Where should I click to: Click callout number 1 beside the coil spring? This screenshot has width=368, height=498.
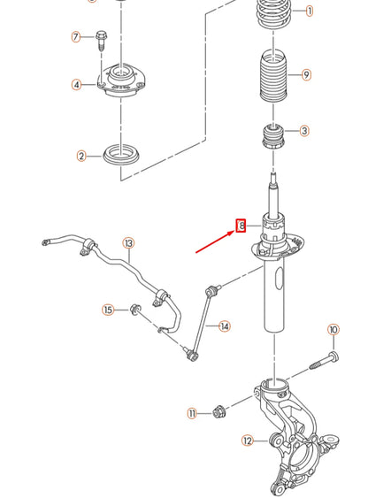(x=310, y=11)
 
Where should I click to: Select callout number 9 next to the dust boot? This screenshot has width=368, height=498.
(x=306, y=75)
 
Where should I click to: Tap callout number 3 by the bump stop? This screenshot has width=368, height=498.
(x=304, y=131)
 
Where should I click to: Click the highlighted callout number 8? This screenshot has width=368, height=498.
(x=240, y=226)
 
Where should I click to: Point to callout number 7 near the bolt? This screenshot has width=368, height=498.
(x=76, y=36)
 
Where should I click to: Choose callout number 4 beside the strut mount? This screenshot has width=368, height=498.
(x=77, y=85)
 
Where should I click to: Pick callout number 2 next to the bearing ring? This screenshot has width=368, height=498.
(x=81, y=157)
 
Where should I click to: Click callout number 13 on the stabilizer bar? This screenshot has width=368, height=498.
(x=128, y=242)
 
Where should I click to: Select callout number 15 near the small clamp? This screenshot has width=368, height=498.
(x=108, y=310)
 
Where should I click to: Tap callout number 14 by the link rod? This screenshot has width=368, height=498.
(x=225, y=326)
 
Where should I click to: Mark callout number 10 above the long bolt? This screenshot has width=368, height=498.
(x=333, y=330)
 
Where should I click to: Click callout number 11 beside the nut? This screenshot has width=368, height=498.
(x=192, y=413)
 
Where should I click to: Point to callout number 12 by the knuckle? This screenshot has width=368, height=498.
(x=248, y=440)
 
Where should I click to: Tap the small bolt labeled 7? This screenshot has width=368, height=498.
(x=100, y=39)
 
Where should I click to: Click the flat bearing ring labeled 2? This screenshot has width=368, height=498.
(x=119, y=156)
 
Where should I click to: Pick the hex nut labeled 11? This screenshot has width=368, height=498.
(x=218, y=411)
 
